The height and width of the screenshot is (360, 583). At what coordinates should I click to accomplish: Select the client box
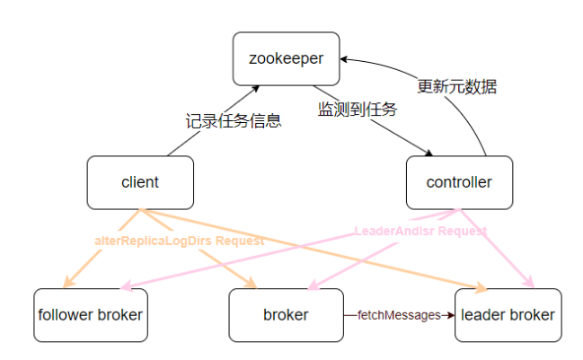[x=139, y=182]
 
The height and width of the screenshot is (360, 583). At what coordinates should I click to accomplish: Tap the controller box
[x=459, y=182]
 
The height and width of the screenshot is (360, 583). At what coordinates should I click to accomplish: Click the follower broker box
[x=91, y=315]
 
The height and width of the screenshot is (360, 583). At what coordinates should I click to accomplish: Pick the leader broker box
[x=508, y=315]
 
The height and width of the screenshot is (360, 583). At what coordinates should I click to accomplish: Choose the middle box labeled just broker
[x=286, y=315]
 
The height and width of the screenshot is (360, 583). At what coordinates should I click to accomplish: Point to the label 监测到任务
[x=358, y=109]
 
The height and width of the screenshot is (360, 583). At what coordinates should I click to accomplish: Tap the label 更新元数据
[x=457, y=87]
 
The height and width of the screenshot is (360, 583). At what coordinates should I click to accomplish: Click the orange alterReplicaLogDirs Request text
[x=180, y=241]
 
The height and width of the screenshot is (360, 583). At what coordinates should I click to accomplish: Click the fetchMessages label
[x=399, y=315]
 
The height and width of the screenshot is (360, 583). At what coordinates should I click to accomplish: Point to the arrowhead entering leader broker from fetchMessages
[x=449, y=315]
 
